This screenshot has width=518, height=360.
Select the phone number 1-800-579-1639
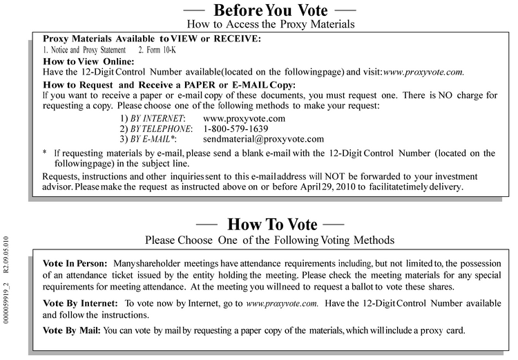[x=236, y=129]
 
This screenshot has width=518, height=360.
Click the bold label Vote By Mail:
[x=72, y=330]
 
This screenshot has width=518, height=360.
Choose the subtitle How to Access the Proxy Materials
[x=271, y=24]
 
